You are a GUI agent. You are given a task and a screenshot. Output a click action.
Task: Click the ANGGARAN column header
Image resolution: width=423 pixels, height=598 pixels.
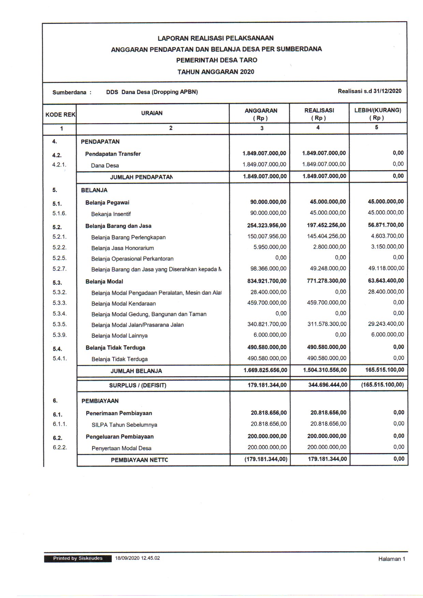(261, 114)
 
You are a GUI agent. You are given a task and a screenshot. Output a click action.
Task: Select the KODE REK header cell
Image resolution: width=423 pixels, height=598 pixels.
(60, 115)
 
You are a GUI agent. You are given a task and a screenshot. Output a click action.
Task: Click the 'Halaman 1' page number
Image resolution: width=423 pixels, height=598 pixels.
(391, 559)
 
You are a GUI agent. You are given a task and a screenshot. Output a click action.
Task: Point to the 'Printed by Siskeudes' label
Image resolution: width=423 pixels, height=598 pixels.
(78, 558)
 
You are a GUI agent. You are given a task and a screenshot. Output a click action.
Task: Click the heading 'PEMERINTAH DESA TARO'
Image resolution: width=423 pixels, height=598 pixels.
(217, 60)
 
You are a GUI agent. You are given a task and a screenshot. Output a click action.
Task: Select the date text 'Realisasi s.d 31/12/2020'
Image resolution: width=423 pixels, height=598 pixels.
(369, 91)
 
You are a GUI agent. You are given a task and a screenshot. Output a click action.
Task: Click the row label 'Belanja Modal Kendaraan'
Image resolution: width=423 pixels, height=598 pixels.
(123, 303)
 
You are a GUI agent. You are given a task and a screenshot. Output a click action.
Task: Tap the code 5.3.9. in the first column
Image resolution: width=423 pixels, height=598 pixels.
(60, 335)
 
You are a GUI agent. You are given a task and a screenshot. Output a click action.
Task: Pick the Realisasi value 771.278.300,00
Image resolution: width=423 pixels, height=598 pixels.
(324, 281)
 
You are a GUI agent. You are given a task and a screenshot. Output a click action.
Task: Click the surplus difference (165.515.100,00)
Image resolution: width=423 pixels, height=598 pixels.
(382, 385)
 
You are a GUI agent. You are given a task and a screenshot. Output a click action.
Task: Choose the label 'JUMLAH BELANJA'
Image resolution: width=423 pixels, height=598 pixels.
(136, 371)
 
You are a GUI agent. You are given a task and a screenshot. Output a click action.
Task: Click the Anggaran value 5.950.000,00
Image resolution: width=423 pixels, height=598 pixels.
(270, 247)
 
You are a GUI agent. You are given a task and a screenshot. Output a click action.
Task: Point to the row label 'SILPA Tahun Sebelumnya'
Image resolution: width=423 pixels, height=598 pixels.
(124, 425)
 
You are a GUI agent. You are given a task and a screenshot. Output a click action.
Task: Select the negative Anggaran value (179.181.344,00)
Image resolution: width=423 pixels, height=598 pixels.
(266, 459)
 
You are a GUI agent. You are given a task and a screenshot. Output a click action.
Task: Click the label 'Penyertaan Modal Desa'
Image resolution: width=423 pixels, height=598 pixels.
(121, 448)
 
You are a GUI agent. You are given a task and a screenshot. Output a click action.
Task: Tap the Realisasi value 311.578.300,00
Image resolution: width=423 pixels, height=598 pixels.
(327, 324)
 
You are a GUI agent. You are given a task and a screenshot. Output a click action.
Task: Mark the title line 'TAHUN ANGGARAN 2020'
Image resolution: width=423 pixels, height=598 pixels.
(216, 72)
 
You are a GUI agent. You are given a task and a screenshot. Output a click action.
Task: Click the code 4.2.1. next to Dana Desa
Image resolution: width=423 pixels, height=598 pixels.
(59, 164)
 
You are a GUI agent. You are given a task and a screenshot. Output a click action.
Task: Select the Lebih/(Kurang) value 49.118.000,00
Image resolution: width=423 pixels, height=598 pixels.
(386, 268)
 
